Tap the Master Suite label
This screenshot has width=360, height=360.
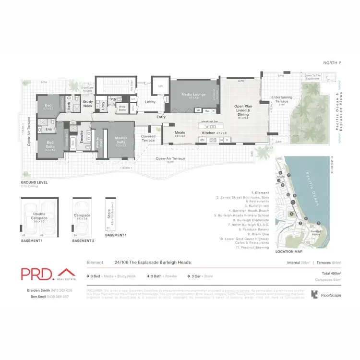coord(120,140)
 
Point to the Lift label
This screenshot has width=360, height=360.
coord(161,86)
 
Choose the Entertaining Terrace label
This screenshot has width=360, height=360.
coord(282,99)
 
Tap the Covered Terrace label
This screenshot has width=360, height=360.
coord(148,138)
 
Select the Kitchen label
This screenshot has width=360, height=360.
coord(208,132)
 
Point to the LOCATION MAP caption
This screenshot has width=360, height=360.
coord(289,252)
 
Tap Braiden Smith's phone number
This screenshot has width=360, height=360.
coord(63,290)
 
